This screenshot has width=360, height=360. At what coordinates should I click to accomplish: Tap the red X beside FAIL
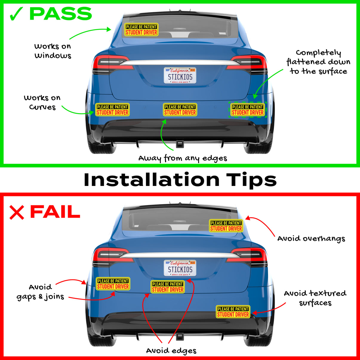click(16, 212)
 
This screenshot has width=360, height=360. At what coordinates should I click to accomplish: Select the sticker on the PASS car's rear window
click(141, 30)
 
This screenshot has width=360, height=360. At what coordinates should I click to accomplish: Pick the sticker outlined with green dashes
click(248, 110)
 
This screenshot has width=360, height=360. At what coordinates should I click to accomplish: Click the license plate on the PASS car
click(180, 75)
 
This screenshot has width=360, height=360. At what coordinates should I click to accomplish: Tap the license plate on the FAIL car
click(180, 268)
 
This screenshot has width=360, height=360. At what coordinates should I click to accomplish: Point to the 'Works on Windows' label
click(53, 51)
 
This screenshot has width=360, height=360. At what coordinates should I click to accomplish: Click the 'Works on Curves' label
click(42, 102)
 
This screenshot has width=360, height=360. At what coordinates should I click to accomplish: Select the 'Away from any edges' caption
click(183, 158)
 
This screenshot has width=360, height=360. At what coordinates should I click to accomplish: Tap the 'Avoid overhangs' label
click(311, 239)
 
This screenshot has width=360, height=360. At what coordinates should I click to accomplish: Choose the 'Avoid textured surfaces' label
click(315, 298)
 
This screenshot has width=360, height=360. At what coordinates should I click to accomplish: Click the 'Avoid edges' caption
click(171, 350)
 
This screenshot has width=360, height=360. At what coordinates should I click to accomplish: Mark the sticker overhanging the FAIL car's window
click(226, 226)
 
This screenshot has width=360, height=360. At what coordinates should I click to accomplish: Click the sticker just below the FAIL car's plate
click(168, 287)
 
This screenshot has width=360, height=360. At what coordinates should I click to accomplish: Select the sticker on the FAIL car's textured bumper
click(233, 312)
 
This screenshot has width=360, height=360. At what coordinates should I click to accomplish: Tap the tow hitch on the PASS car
click(180, 144)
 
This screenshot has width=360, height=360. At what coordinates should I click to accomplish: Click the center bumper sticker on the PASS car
click(180, 110)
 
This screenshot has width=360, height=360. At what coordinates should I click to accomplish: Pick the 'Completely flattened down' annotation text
click(318, 62)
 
